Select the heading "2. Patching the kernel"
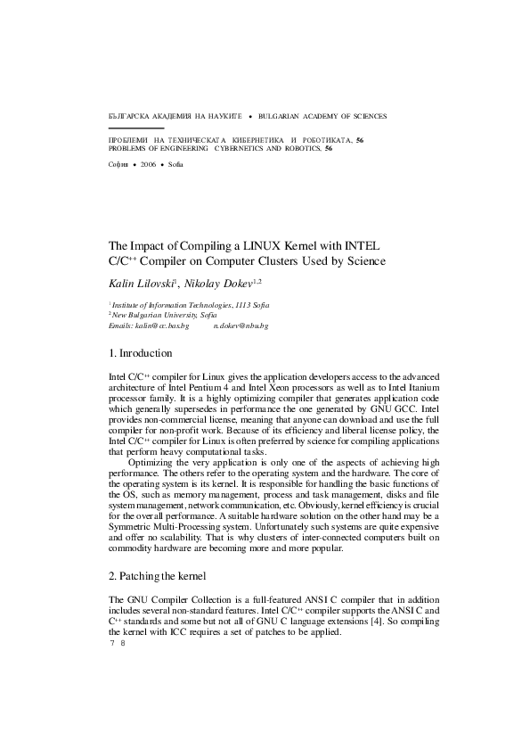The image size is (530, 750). (157, 574)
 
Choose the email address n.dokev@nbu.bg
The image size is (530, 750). (241, 326)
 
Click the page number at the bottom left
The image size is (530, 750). (116, 643)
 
